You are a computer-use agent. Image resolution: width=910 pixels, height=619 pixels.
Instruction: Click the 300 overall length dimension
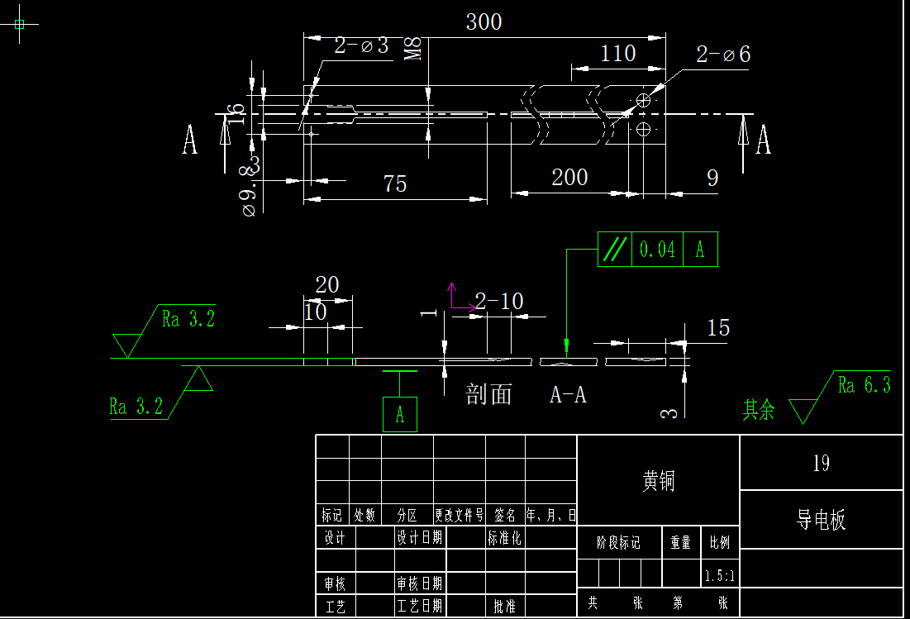click(x=484, y=22)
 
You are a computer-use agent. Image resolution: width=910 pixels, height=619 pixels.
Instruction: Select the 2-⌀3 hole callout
click(x=361, y=45)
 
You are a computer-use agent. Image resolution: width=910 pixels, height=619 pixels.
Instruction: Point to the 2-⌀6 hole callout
click(x=723, y=55)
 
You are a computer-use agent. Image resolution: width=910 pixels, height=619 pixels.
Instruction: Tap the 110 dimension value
click(x=617, y=54)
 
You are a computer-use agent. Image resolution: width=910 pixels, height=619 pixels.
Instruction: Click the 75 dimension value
click(x=395, y=183)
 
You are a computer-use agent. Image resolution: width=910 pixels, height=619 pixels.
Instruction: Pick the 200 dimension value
click(x=569, y=177)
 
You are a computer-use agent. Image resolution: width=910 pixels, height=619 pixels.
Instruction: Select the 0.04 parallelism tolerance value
click(x=658, y=250)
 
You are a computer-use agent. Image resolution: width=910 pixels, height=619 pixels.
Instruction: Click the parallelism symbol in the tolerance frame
click(x=614, y=250)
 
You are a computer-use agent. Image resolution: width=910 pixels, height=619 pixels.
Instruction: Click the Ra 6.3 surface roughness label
click(x=864, y=385)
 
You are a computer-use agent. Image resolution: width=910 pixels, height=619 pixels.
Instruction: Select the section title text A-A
click(x=568, y=396)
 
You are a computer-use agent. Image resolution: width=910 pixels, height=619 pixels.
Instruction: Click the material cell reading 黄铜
click(x=658, y=481)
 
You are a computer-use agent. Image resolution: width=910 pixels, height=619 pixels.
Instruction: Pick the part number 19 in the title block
click(x=821, y=464)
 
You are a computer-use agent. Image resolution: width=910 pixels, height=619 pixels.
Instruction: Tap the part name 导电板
click(x=821, y=521)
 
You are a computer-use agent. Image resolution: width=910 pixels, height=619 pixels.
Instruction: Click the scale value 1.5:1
click(x=719, y=574)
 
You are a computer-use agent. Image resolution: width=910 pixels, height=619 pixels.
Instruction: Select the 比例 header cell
click(x=719, y=543)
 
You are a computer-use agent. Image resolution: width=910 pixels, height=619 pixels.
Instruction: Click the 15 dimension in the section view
click(x=718, y=328)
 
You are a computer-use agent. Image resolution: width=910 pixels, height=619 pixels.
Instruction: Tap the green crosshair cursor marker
click(x=20, y=24)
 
